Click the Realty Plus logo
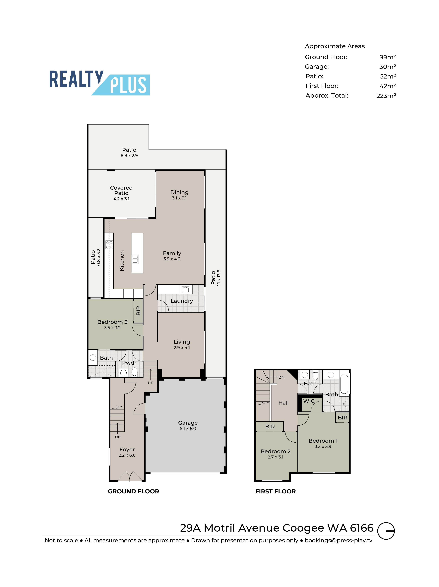99,82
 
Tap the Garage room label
188,423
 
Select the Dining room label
179,192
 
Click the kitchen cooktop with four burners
109,245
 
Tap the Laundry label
182,301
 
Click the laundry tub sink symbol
186,289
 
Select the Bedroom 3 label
112,322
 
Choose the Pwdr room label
129,363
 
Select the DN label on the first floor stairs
281,377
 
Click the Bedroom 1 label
323,441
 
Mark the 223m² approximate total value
386,96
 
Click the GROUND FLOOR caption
134,491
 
